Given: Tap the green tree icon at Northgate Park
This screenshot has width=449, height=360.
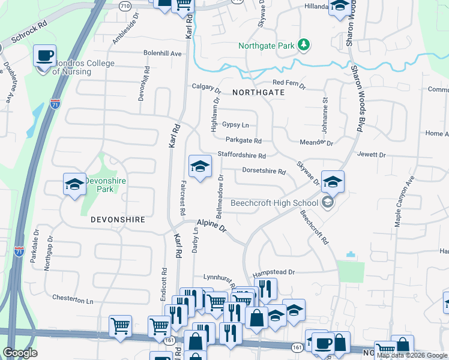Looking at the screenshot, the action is (305, 44).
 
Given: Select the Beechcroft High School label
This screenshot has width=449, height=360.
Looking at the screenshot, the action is (274, 203).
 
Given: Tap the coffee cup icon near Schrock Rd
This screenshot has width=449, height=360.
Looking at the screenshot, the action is (44, 56).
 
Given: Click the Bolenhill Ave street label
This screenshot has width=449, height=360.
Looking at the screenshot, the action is (162, 53).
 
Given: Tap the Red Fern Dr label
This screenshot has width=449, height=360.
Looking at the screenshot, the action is (289, 83).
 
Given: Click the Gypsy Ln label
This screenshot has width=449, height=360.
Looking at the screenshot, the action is (235, 125).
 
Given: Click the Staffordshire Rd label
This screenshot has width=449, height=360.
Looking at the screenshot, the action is (241, 155).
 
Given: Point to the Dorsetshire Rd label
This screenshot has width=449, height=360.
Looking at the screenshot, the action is (264, 170).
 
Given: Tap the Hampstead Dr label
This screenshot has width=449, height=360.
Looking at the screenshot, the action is (274, 272).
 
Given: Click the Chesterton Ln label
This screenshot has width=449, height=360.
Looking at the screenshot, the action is (73, 299).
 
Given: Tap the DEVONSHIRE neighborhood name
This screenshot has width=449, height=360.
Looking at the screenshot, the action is (118, 220).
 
